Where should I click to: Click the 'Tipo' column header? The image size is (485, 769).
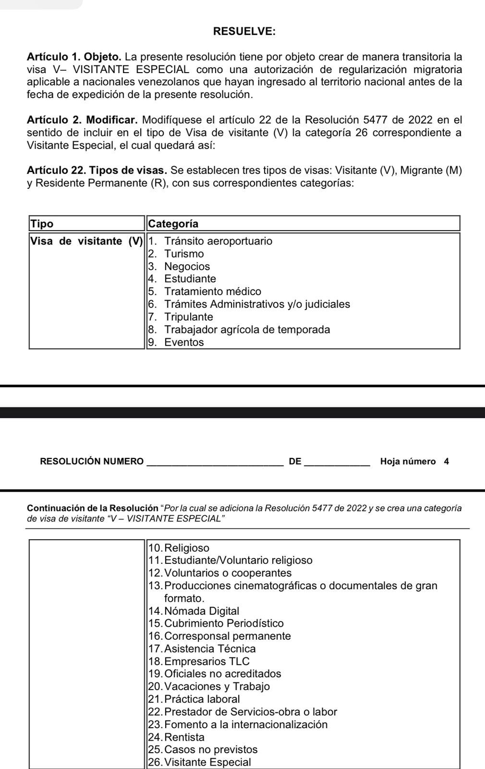42,224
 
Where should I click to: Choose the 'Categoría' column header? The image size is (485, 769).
173,224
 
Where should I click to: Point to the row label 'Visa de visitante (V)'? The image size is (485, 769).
86,241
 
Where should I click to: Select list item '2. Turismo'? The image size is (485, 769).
176,254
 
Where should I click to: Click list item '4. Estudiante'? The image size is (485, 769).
182,279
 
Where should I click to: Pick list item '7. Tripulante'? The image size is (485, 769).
181,317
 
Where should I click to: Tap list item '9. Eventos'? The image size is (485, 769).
176,343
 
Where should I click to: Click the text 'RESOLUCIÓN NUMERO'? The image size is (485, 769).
92,462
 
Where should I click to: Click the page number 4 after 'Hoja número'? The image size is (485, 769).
447,462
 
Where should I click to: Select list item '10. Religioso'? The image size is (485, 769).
179,548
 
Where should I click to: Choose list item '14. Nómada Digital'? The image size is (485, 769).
194,611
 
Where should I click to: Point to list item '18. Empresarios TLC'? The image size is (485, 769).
199,662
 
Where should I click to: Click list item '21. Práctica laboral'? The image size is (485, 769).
194,699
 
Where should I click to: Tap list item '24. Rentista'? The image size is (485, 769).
177,737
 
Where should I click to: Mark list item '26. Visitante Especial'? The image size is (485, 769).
200,762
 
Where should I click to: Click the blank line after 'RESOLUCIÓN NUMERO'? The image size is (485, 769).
214,463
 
